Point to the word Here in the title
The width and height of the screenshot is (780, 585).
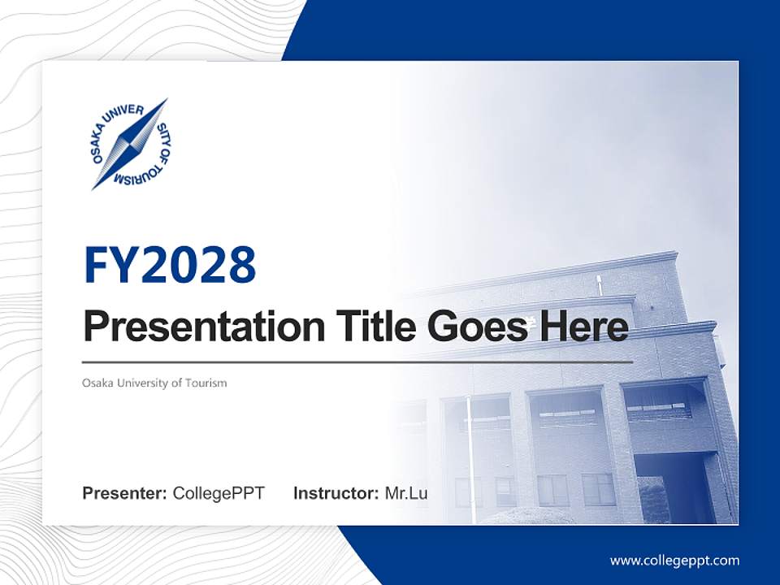pos(584,327)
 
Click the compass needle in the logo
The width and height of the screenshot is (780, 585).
pos(130,144)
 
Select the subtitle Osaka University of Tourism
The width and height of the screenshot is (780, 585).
pos(154,383)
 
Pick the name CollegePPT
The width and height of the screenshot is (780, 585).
pos(219,493)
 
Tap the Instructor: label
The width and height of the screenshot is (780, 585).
pos(336,493)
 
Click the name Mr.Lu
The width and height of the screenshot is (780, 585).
pos(406,493)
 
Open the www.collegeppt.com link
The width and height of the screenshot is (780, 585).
pos(674,561)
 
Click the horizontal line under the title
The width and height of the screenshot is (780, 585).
pos(357,362)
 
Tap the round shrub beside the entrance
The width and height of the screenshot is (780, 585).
pos(655,500)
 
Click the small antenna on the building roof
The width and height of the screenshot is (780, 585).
pos(599,284)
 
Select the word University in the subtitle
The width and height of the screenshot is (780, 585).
pos(141,383)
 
